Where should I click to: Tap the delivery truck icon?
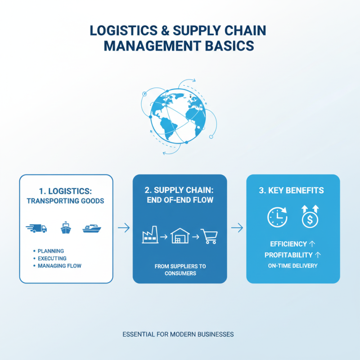tap(36, 228)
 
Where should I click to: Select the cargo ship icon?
tap(66, 228)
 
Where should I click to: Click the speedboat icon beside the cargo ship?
tap(92, 229)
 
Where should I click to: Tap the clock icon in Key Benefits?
tap(277, 217)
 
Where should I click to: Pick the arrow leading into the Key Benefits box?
tap(237, 228)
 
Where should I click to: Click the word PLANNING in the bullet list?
tap(51, 251)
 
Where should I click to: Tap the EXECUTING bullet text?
tap(53, 258)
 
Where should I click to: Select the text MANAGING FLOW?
tap(60, 266)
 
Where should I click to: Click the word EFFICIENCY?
tap(288, 244)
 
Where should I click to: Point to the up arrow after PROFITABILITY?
tap(318, 255)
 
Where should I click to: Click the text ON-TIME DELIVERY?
tap(293, 265)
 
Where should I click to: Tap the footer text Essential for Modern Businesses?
tap(178, 335)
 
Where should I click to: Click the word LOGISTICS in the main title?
tap(119, 31)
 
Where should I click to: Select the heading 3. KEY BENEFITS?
tap(291, 190)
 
